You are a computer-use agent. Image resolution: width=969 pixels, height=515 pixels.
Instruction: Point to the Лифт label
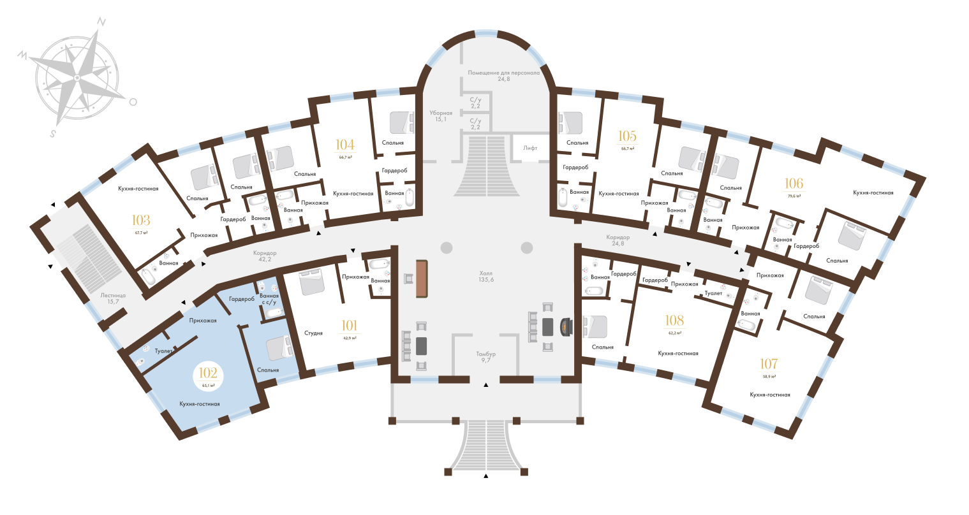[x=530, y=147]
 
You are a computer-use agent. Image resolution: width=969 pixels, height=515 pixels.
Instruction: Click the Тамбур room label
[x=485, y=357]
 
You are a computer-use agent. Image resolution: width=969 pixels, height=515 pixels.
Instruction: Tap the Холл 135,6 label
[x=486, y=276]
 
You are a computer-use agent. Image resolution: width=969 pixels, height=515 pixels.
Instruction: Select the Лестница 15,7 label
[x=113, y=298]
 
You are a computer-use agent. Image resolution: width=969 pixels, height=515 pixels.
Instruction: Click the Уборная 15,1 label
[x=440, y=115]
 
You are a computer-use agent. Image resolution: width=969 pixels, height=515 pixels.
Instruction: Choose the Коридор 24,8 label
[x=617, y=241]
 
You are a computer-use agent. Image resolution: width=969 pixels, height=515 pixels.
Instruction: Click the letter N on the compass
[x=101, y=21]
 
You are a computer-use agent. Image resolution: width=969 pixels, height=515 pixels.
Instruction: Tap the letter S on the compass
[x=54, y=133]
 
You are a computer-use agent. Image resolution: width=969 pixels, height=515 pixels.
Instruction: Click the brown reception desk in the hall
[x=421, y=279]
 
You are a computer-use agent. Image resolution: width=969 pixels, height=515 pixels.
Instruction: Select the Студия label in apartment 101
[x=313, y=333]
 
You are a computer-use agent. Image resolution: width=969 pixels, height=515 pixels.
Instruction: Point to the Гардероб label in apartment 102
[x=242, y=299]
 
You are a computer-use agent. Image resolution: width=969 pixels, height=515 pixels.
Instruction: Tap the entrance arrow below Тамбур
[x=486, y=385]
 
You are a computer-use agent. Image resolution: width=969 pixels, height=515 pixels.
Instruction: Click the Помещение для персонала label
[x=504, y=76]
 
